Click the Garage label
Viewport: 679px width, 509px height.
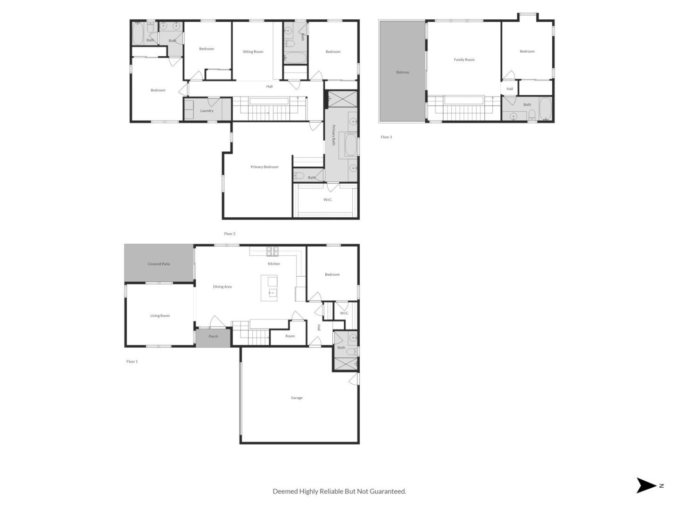[x=296, y=398]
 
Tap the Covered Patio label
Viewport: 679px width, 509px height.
[x=159, y=264]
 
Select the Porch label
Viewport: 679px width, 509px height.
[x=213, y=336]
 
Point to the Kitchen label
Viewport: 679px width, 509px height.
[x=274, y=263]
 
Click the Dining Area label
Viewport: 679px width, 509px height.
[x=222, y=287]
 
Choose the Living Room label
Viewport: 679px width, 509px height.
[x=160, y=316]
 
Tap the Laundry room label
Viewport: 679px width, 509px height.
[x=207, y=111]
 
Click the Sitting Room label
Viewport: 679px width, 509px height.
[x=253, y=52]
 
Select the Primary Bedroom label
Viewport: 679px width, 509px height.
[x=264, y=167]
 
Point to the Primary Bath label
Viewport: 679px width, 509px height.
[x=333, y=135]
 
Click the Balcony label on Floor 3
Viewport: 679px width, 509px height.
[x=403, y=72]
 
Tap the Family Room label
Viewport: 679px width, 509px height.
[x=464, y=60]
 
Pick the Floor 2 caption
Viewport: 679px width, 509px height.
[x=230, y=234]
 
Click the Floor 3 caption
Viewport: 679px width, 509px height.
[x=386, y=137]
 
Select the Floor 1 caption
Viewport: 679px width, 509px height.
[x=132, y=361]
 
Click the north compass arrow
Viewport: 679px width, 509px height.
[x=645, y=485]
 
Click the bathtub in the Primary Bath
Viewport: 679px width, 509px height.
[x=351, y=145]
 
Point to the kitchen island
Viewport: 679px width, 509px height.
[x=269, y=288]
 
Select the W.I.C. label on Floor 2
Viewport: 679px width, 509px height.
[x=328, y=200]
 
